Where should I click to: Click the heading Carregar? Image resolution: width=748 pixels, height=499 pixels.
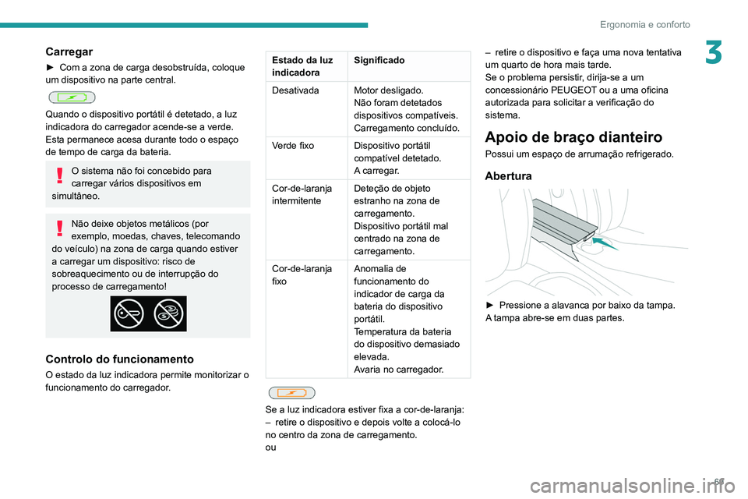pos(69,51)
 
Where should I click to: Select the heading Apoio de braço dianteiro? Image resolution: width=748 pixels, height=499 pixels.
pos(573,136)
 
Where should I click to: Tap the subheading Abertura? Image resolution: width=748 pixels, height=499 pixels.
pos(508,176)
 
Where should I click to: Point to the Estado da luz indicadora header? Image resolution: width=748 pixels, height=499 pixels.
pos(300,65)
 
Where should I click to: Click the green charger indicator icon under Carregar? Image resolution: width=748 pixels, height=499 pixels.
pos(71,97)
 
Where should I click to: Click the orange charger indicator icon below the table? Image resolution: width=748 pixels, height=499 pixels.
pos(290,393)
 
